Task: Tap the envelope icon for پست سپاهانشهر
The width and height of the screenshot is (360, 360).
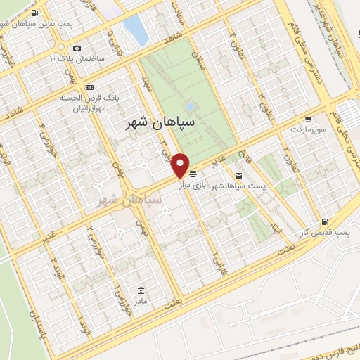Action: tap(239, 174)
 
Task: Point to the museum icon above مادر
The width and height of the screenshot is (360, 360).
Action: tap(141, 290)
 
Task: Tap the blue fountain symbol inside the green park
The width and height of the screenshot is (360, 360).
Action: tap(189, 108)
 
